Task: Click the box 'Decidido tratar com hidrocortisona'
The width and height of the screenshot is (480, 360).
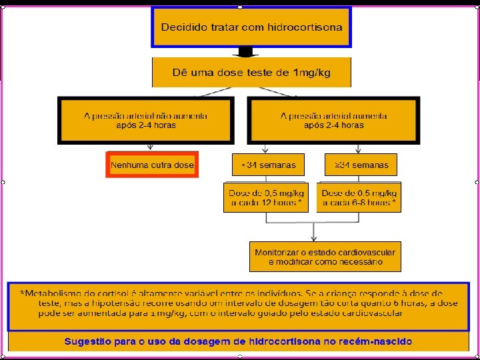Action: pyautogui.click(x=251, y=27)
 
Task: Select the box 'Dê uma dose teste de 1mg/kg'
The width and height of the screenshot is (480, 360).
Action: pyautogui.click(x=251, y=72)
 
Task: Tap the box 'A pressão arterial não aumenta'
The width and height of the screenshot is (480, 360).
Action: pyautogui.click(x=146, y=121)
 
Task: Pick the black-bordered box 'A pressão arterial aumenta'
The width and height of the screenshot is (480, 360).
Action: pyautogui.click(x=333, y=121)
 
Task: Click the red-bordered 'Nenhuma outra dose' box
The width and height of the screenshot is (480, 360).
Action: pyautogui.click(x=152, y=165)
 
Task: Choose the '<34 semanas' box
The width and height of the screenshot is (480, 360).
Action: pyautogui.click(x=267, y=165)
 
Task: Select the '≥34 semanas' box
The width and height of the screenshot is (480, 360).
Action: pyautogui.click(x=361, y=165)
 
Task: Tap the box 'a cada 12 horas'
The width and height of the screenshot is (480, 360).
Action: pyautogui.click(x=266, y=197)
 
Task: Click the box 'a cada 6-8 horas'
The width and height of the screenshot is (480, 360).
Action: pyautogui.click(x=359, y=197)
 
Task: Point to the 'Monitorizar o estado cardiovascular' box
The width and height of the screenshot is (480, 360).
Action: pyautogui.click(x=325, y=257)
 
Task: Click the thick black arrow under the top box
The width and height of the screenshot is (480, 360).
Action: pyautogui.click(x=245, y=52)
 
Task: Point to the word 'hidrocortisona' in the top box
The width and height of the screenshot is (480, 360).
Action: pyautogui.click(x=305, y=27)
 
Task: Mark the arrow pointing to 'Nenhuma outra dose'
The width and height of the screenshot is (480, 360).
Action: pyautogui.click(x=151, y=148)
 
